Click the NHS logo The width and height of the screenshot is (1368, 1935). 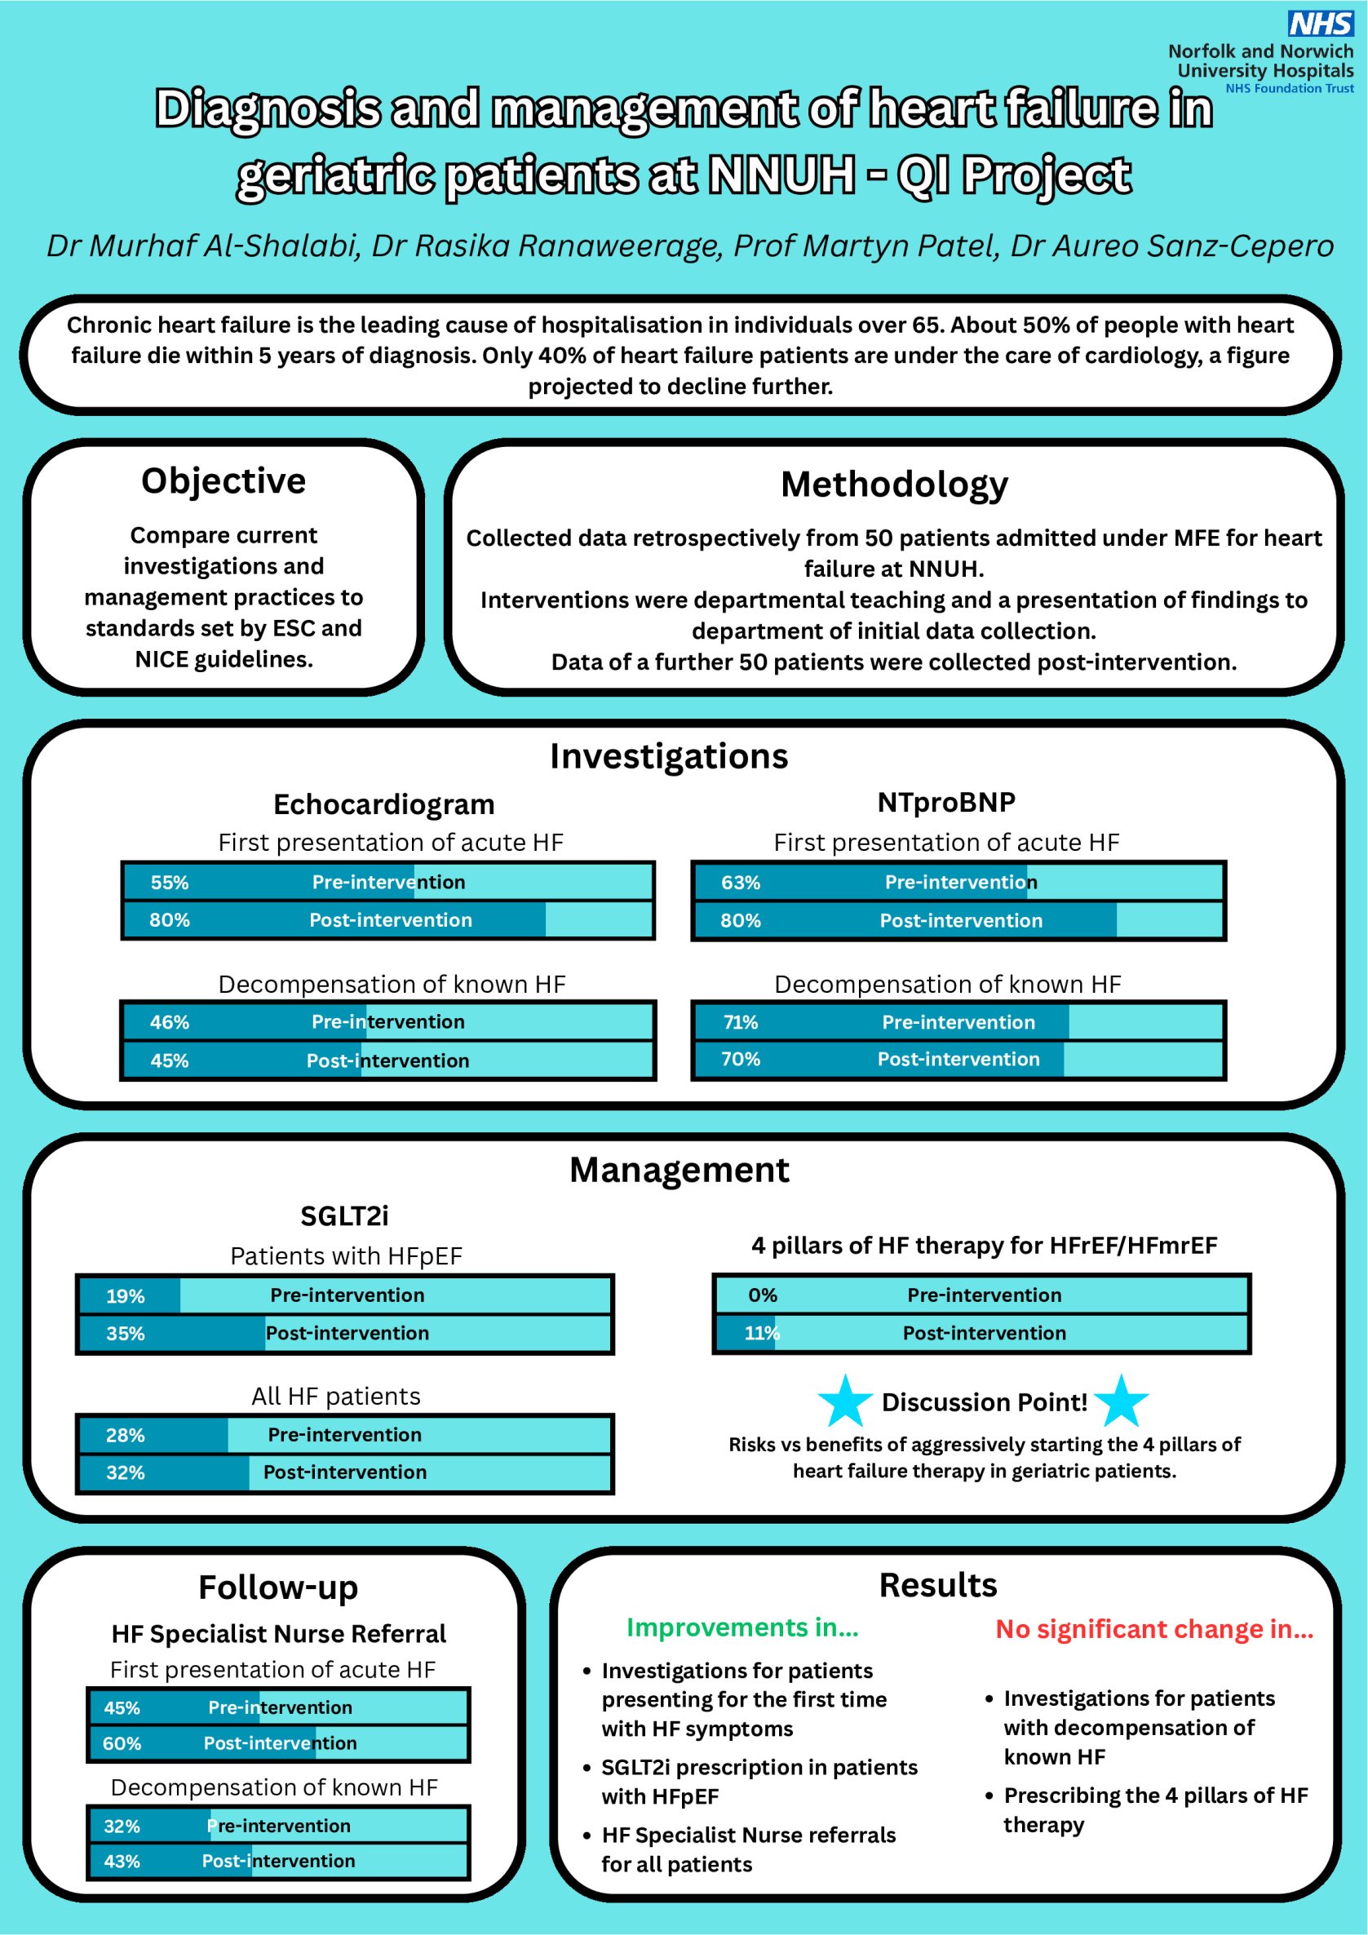(x=1320, y=23)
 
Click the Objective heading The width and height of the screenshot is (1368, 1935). (x=224, y=481)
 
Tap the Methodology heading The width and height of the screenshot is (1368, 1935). (x=893, y=485)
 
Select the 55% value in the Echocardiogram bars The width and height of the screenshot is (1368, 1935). (x=170, y=883)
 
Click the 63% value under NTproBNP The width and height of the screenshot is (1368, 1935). (x=740, y=883)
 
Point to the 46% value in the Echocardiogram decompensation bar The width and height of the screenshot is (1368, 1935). (x=170, y=1022)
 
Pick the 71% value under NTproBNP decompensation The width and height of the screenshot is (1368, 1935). (x=740, y=1022)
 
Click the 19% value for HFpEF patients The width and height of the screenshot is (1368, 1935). (x=125, y=1296)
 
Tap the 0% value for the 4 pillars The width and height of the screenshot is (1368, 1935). (x=762, y=1295)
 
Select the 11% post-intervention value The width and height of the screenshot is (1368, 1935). (x=761, y=1333)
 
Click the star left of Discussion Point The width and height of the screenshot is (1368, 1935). (x=844, y=1401)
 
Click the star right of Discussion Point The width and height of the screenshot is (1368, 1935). (x=1121, y=1401)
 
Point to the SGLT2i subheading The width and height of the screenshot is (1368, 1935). (x=344, y=1216)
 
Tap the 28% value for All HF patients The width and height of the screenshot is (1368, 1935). (x=125, y=1435)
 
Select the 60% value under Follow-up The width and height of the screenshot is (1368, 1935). (x=122, y=1742)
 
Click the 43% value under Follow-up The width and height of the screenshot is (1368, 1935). (x=122, y=1861)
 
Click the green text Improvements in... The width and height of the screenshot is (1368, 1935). (x=742, y=1627)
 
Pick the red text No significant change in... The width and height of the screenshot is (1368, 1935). (x=1154, y=1629)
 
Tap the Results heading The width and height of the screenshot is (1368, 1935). (x=937, y=1585)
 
